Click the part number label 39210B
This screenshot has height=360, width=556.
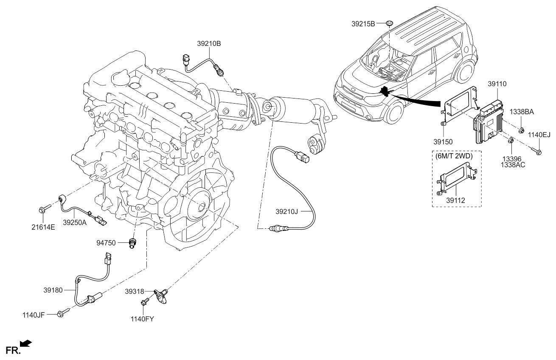[209, 43]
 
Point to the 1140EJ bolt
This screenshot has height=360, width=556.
[536, 151]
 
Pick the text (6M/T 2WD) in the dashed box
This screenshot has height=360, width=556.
[453, 156]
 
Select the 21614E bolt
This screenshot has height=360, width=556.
[45, 208]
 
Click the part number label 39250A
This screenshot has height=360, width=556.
[75, 222]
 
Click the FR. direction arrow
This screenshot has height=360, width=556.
[26, 343]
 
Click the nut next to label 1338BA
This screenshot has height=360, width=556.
[522, 130]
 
